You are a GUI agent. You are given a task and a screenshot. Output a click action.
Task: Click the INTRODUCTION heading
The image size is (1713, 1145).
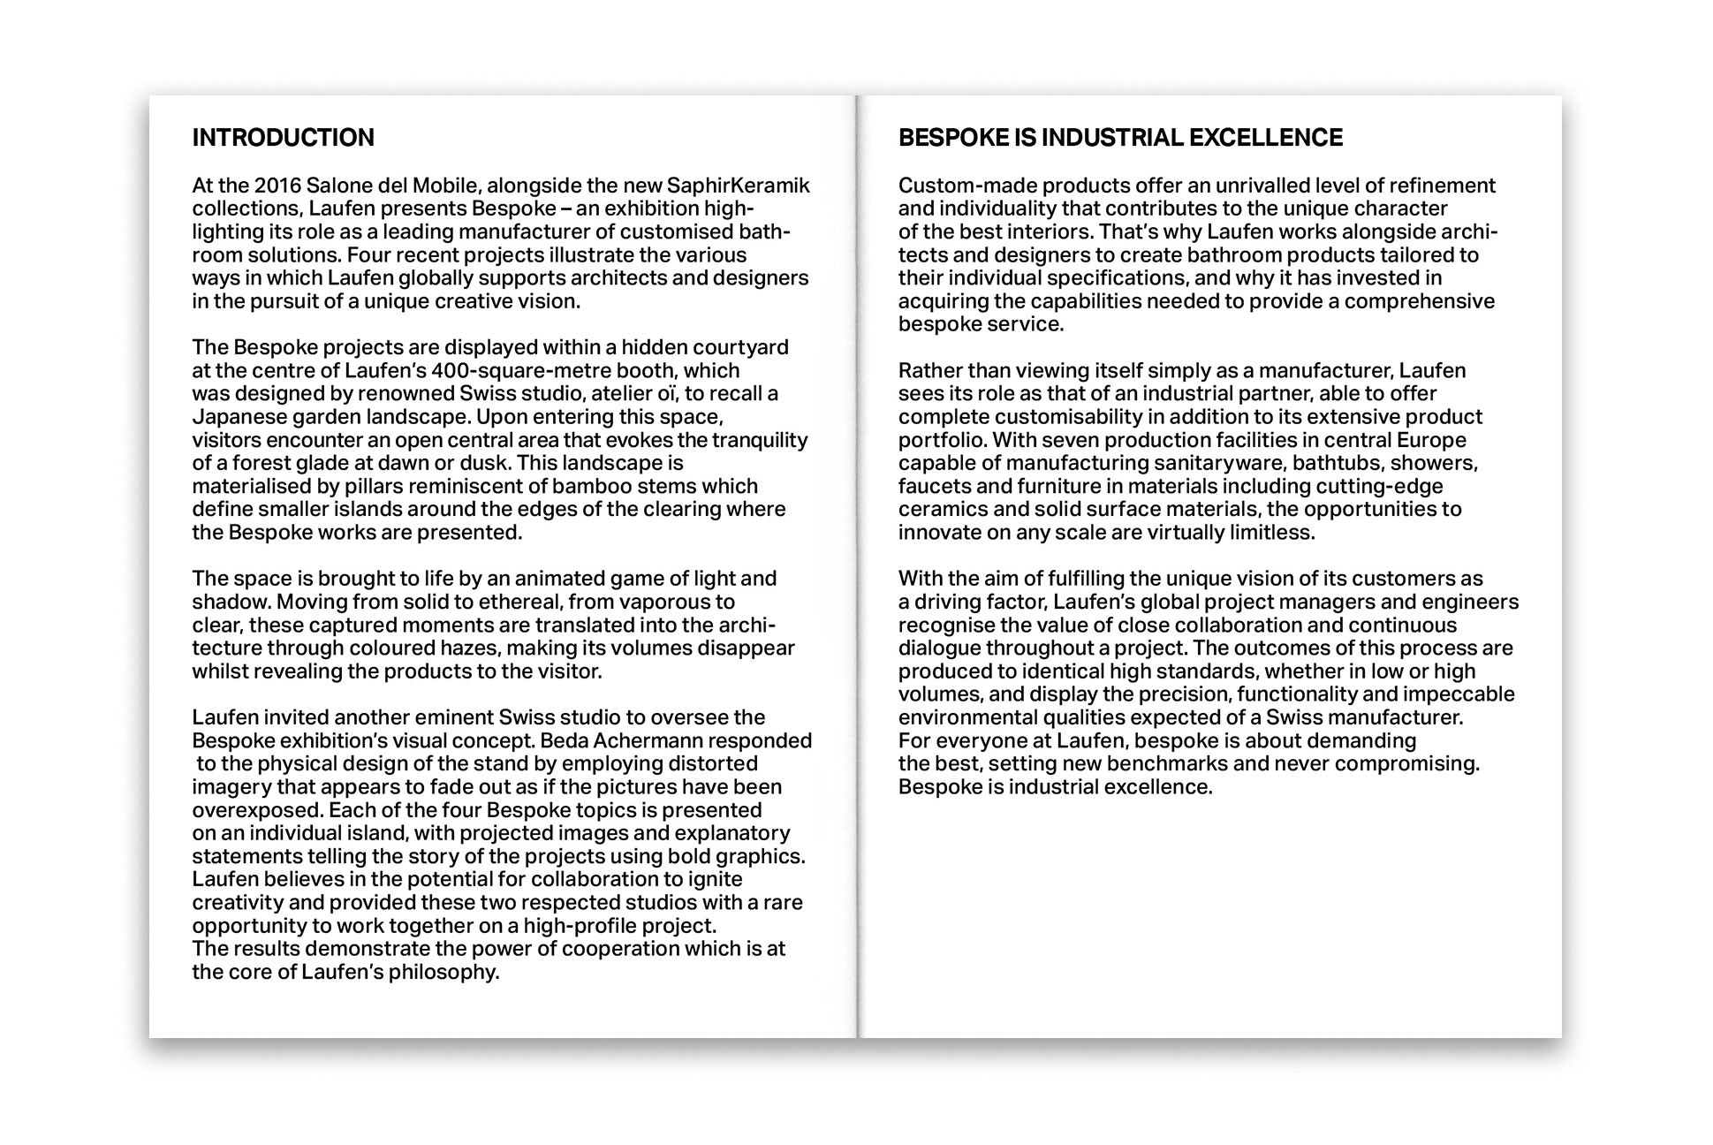[x=283, y=138]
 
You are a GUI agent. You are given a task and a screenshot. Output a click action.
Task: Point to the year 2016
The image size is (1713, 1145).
[x=277, y=186]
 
